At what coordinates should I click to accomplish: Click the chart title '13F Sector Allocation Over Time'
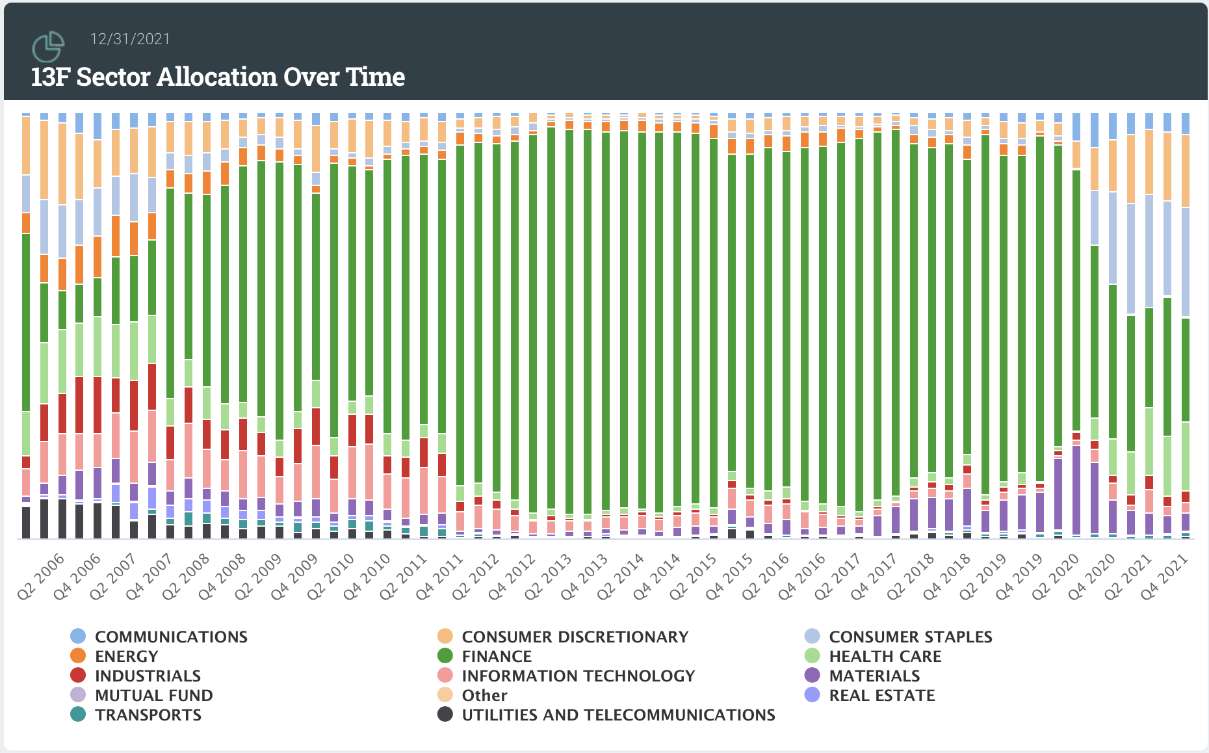[x=218, y=77]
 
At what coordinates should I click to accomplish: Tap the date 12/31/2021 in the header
[x=130, y=39]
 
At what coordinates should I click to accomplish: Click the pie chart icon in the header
[x=48, y=46]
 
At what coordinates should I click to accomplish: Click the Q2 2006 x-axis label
[x=42, y=576]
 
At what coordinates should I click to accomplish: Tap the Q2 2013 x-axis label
[x=550, y=576]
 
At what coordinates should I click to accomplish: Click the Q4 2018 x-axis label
[x=947, y=576]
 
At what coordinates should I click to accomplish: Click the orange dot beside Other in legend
[x=445, y=695]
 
